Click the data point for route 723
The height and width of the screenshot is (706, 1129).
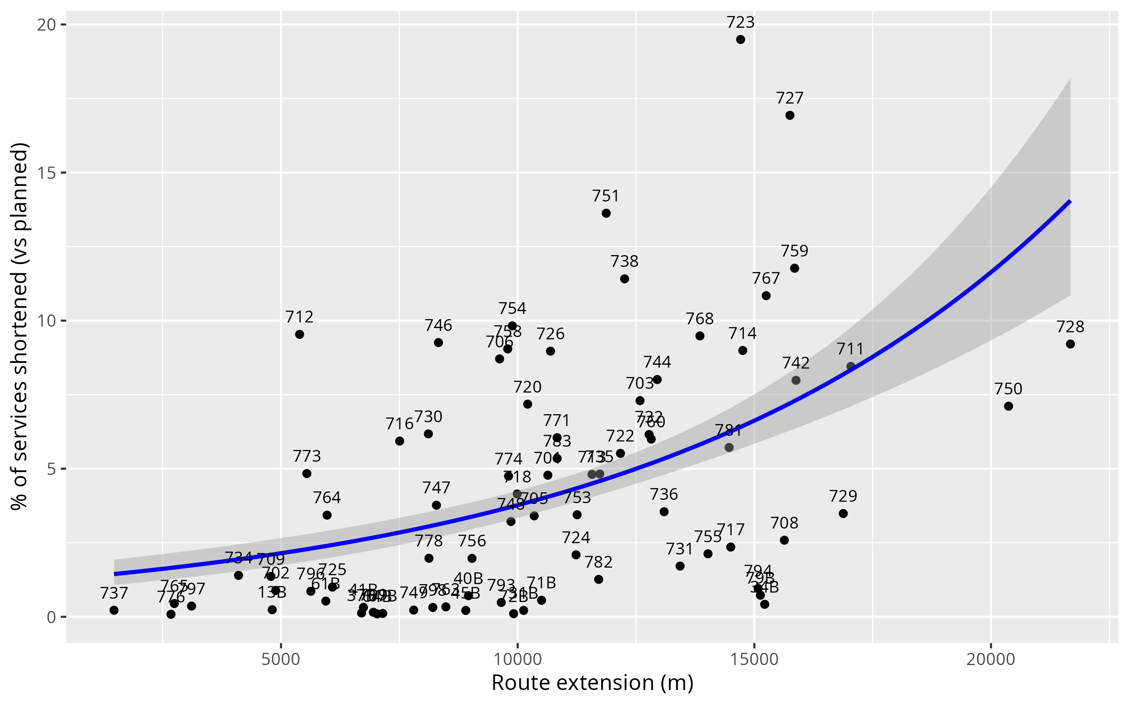pos(740,40)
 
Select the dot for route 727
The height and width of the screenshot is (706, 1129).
pos(790,115)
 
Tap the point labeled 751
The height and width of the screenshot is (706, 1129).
pos(606,213)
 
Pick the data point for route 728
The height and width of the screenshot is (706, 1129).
pos(1070,344)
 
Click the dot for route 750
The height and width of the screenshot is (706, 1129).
pos(1008,406)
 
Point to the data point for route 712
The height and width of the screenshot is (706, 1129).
pos(299,334)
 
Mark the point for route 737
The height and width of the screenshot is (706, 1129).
pos(114,610)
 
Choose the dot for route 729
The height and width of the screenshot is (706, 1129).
pos(843,513)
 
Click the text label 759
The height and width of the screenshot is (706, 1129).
pos(795,251)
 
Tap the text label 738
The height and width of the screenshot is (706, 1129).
pos(624,261)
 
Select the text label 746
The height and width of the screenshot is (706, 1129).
pos(438,325)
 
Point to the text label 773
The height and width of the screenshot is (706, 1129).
pos(307,456)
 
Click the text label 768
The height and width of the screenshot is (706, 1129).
pos(700,319)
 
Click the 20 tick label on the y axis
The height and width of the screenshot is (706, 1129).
pos(47,24)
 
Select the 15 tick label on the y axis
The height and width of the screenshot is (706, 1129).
pos(47,173)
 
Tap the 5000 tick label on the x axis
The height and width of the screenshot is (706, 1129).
pos(280,659)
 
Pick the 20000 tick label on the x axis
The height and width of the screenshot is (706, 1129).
pos(991,659)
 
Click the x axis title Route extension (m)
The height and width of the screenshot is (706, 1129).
pos(592,683)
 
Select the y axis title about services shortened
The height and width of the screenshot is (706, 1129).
pos(20,326)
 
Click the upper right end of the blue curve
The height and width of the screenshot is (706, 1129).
pos(1070,202)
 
